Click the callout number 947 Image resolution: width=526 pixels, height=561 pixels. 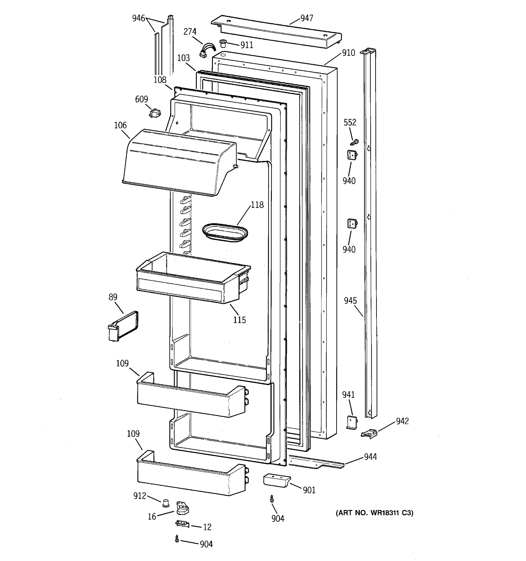point(306,18)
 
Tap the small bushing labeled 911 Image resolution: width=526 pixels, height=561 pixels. point(223,43)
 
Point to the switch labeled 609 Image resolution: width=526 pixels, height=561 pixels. point(155,113)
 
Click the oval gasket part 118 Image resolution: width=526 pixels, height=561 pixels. point(225,233)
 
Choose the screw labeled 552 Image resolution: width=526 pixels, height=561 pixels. point(354,142)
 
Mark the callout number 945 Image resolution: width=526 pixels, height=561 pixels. point(350,301)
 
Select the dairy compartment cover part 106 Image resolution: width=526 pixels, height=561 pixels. point(178,162)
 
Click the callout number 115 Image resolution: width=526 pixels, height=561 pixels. point(239,320)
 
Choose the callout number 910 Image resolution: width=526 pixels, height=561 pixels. point(348,53)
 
